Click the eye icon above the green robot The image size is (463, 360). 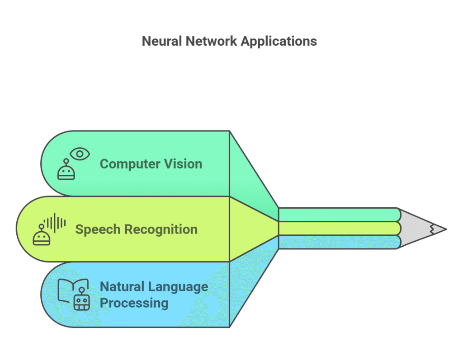(x=80, y=154)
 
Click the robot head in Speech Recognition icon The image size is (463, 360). (x=42, y=236)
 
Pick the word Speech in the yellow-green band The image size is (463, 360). (x=98, y=229)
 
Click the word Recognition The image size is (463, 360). (x=161, y=229)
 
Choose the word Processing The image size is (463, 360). (x=134, y=303)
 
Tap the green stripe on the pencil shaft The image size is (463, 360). (x=337, y=214)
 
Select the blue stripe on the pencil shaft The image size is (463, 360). (x=337, y=242)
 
